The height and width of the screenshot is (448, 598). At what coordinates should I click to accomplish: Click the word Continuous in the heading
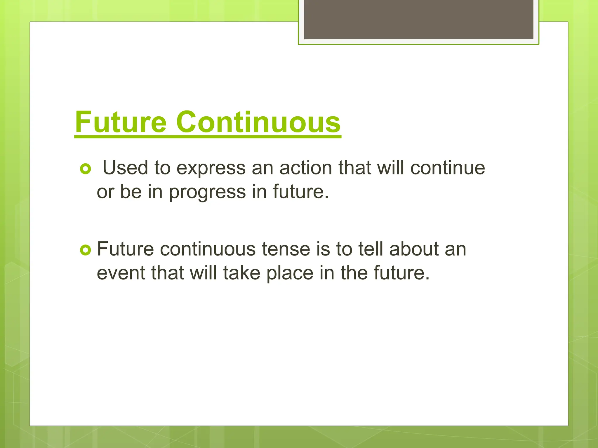tap(258, 122)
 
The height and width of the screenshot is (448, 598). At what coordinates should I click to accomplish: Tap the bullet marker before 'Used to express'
tap(86, 169)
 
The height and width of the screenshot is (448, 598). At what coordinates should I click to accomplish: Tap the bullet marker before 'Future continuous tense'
tap(86, 250)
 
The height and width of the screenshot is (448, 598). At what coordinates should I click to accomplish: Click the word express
tap(211, 169)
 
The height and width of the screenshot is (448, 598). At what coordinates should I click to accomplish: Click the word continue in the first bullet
tap(448, 168)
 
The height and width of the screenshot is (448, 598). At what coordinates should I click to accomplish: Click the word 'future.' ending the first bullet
tap(301, 192)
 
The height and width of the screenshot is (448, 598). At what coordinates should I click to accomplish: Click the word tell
tap(370, 249)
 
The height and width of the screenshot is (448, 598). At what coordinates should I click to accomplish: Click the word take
tap(241, 273)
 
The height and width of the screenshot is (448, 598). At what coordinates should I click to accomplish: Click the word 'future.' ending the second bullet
tap(401, 273)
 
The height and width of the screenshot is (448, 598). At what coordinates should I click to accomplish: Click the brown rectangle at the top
tap(418, 19)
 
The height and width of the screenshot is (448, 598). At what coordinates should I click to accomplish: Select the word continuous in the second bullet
tap(208, 249)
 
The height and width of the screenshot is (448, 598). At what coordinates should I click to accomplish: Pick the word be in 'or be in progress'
tap(131, 192)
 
